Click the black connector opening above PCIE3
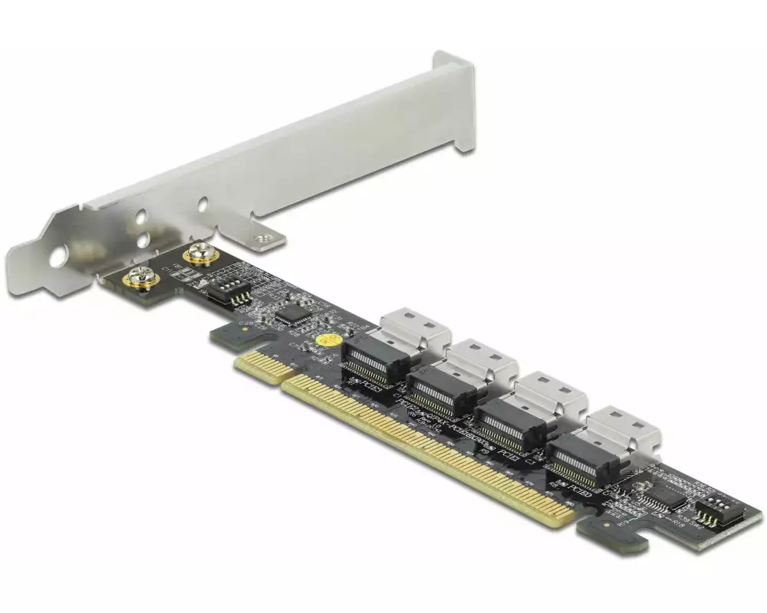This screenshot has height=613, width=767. (x=375, y=361)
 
